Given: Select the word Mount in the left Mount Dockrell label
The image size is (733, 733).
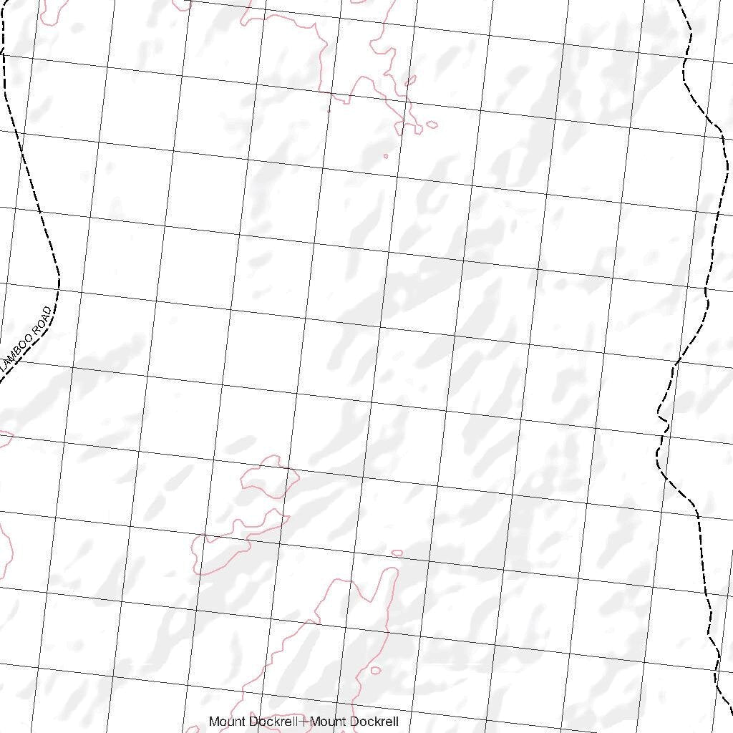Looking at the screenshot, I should [x=224, y=722].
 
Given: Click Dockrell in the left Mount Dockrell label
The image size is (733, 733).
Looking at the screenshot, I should [x=272, y=722].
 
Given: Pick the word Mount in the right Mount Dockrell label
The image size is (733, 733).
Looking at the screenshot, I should [x=327, y=722].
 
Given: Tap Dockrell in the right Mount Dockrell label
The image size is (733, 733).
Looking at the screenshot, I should [x=375, y=722].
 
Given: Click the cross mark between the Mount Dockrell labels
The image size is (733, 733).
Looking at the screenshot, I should [x=304, y=722].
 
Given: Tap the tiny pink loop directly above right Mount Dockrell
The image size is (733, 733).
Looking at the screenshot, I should [x=376, y=671].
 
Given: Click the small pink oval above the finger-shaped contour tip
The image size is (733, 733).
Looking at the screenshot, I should [x=397, y=553].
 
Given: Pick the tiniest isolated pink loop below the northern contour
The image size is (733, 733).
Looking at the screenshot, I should [x=386, y=156].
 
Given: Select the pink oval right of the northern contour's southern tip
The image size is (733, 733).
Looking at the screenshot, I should [x=432, y=125].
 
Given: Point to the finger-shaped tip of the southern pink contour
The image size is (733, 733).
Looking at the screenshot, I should [x=392, y=573].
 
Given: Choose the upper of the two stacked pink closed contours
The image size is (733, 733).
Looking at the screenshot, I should [x=268, y=476].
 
